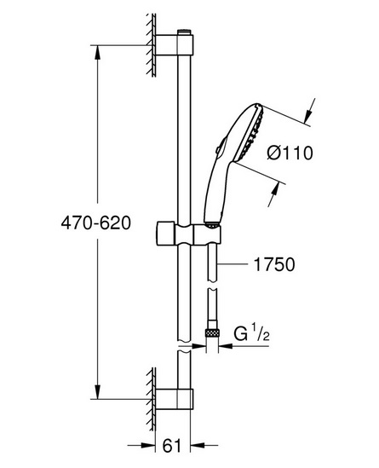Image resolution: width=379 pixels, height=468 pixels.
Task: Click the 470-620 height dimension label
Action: pos(95,223)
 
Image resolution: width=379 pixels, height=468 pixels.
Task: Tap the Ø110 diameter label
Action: pos(290,153)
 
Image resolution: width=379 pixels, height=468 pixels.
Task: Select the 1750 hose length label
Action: pos(273,264)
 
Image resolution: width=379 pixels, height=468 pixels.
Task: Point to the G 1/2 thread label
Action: pos(252,333)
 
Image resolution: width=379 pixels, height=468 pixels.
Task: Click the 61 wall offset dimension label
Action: pos(172,446)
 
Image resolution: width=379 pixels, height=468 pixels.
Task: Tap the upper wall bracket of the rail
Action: pos(175,45)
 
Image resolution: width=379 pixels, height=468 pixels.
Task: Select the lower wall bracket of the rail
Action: pos(174,399)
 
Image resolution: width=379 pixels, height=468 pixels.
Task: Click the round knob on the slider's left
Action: pos(166,234)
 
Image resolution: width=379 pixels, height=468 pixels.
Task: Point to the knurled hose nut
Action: pos(212,332)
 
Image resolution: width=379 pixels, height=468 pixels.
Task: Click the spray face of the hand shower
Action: pos(250,134)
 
